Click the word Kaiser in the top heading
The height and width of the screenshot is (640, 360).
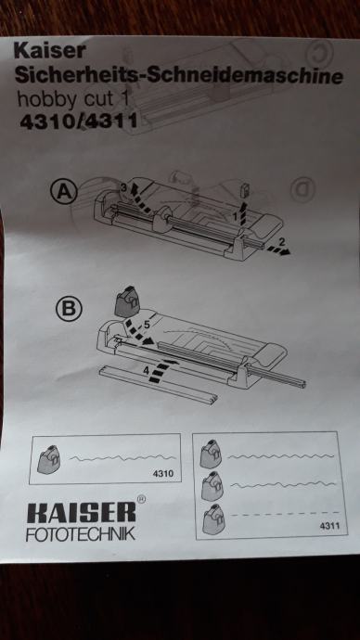pyautogui.click(x=49, y=51)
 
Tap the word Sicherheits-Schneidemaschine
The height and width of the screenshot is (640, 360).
pyautogui.click(x=178, y=75)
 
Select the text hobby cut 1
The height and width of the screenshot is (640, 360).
pyautogui.click(x=72, y=98)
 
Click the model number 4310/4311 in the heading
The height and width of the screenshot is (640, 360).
pyautogui.click(x=78, y=122)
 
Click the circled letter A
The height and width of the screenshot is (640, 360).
pyautogui.click(x=64, y=191)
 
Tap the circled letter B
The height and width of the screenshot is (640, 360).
pyautogui.click(x=69, y=310)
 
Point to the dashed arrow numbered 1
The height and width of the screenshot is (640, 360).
pyautogui.click(x=244, y=212)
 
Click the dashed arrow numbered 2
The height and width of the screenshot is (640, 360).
pyautogui.click(x=278, y=250)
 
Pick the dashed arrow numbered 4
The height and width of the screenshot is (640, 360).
pyautogui.click(x=162, y=369)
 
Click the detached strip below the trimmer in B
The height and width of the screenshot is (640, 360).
pyautogui.click(x=159, y=385)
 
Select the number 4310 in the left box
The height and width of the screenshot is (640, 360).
pyautogui.click(x=163, y=473)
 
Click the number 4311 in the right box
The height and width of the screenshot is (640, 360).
pyautogui.click(x=329, y=527)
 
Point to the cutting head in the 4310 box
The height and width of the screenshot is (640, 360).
pyautogui.click(x=50, y=459)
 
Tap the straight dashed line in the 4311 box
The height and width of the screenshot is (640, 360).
pyautogui.click(x=285, y=514)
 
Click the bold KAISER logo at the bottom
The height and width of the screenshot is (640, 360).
pyautogui.click(x=81, y=513)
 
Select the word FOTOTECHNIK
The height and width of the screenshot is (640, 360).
pyautogui.click(x=81, y=534)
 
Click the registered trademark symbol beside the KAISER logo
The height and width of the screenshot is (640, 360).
pyautogui.click(x=141, y=499)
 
